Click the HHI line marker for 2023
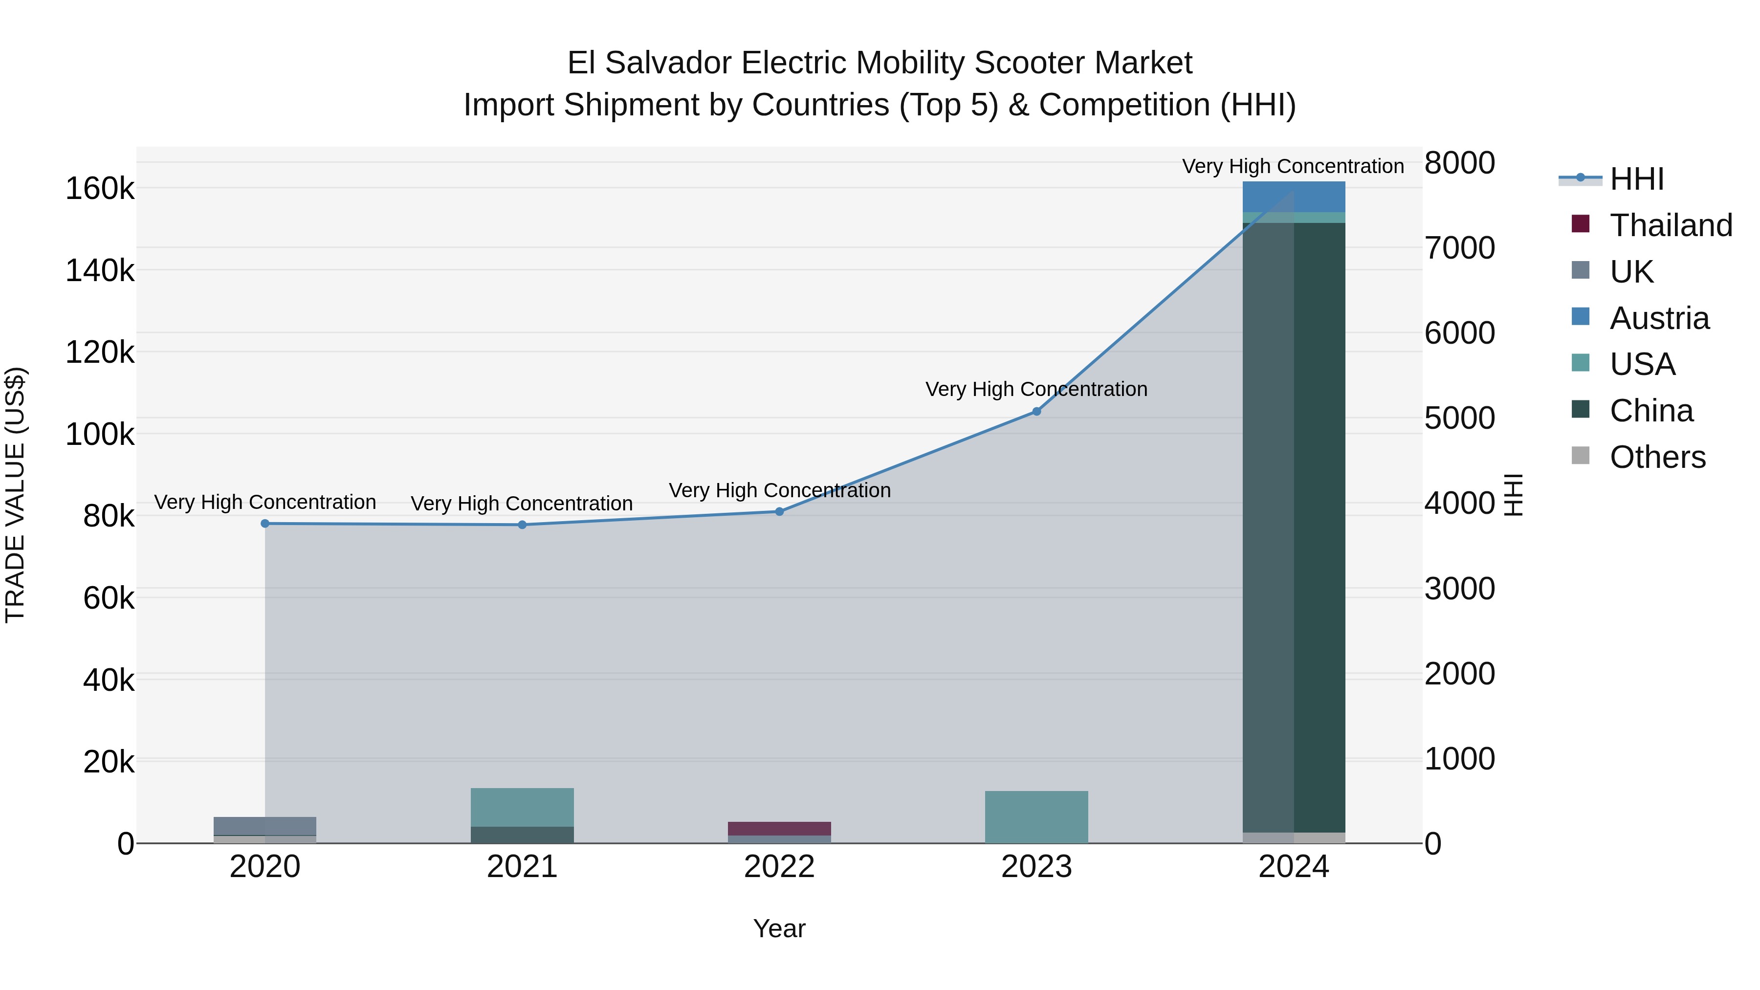pyautogui.click(x=1036, y=411)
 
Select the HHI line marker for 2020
pyautogui.click(x=265, y=523)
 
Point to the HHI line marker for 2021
pyautogui.click(x=522, y=525)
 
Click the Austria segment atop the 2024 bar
pyautogui.click(x=1293, y=197)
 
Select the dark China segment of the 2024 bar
pyautogui.click(x=1293, y=526)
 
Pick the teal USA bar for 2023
pyautogui.click(x=1036, y=816)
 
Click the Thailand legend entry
pyautogui.click(x=1671, y=225)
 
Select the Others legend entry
pyautogui.click(x=1657, y=457)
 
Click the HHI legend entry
pyautogui.click(x=1636, y=179)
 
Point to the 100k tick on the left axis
pyautogui.click(x=100, y=434)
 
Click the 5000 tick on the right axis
pyautogui.click(x=1459, y=418)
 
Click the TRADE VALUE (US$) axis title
pyautogui.click(x=15, y=495)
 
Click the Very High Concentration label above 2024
pyautogui.click(x=1293, y=166)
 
